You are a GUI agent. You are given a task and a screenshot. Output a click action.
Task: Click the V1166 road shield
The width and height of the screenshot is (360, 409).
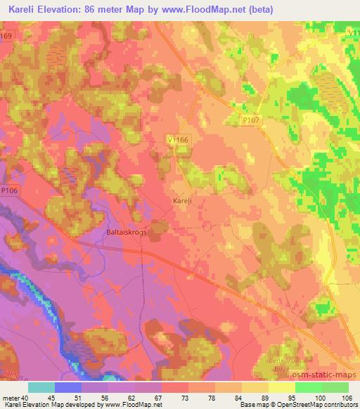pos(179,141)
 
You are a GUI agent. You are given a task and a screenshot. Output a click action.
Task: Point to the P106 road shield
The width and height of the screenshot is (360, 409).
pos(8,190)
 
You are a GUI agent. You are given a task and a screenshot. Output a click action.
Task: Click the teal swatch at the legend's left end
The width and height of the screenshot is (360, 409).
pos(41,387)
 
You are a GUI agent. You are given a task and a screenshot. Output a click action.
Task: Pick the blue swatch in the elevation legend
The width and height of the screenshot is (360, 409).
pos(68,387)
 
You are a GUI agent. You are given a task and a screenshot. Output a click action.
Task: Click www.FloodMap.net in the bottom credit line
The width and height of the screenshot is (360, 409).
pos(134,405)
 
